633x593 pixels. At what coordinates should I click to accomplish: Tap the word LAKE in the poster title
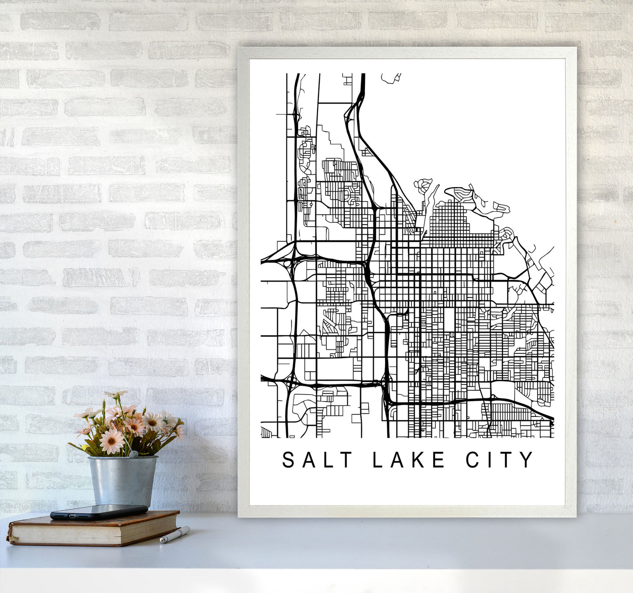(x=409, y=460)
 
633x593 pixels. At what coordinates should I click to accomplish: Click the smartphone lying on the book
(x=99, y=512)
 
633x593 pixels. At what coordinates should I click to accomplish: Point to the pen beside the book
(x=174, y=535)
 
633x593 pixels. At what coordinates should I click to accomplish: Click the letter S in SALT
(x=288, y=460)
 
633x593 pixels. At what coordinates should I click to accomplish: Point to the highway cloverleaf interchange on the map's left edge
(x=287, y=263)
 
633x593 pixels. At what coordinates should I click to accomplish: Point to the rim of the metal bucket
(x=122, y=458)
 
